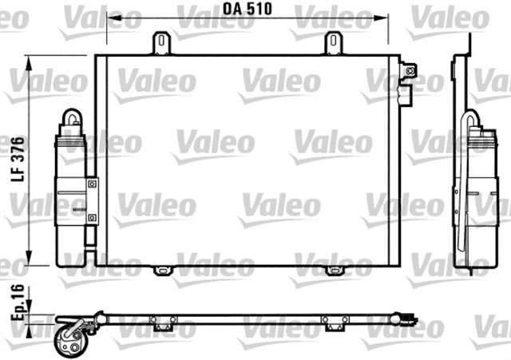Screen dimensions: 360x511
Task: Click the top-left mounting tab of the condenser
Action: [x=162, y=43]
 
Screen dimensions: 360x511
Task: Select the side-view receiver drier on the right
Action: [x=473, y=192]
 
